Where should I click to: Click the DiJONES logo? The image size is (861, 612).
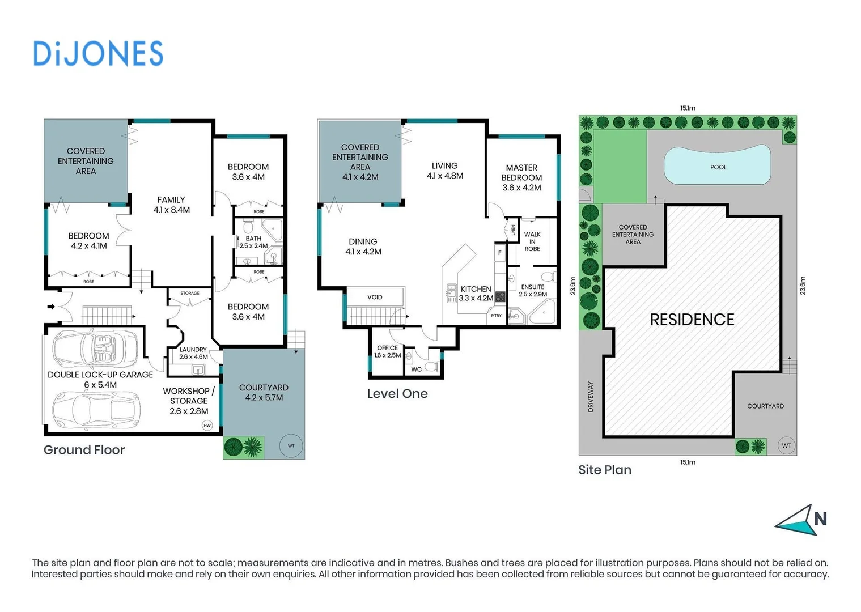coord(98,54)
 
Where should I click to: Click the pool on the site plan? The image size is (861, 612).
coord(718,165)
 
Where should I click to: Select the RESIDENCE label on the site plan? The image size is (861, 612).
coord(692,320)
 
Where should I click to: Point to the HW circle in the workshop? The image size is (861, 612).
coord(207,425)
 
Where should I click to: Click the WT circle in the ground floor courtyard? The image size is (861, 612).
coord(291,446)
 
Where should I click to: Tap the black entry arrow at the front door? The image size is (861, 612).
coord(51,307)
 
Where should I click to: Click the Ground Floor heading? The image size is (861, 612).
coord(84,450)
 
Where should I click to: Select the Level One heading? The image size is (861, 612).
coord(397,394)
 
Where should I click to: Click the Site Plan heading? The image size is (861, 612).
coord(604,470)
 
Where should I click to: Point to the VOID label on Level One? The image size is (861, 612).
coord(375,297)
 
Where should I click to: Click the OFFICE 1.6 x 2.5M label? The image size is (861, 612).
coord(387,351)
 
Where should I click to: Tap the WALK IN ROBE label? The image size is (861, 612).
coord(532,241)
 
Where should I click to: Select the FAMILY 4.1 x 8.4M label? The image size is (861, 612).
coord(171,205)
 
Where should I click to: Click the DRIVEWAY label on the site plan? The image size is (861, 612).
coord(591,396)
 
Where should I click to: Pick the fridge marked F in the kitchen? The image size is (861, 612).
coord(499,253)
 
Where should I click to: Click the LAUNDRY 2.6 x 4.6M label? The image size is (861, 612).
coord(193,353)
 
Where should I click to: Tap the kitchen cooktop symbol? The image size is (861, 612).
coord(500,296)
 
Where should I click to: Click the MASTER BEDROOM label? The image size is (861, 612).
coord(521,177)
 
